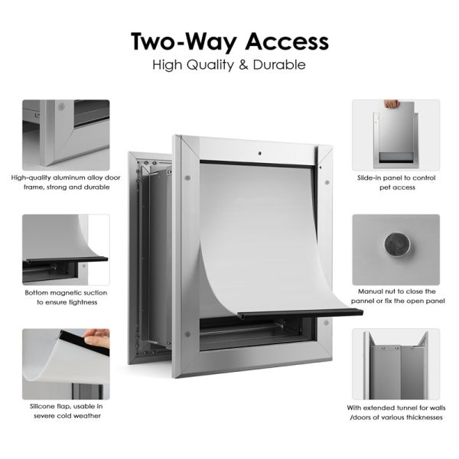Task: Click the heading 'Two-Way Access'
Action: [229, 40]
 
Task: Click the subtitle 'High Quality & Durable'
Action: [229, 65]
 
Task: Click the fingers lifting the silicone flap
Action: [96, 337]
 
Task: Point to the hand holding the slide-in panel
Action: [391, 103]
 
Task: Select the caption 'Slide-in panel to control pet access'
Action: [396, 181]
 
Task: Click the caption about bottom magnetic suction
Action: [66, 297]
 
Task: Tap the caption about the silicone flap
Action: [66, 410]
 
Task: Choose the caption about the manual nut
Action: [396, 296]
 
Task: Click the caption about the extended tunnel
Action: [396, 412]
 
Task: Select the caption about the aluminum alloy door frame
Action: [66, 181]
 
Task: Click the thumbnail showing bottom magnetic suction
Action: [66, 249]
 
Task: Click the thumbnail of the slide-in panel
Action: [396, 134]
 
